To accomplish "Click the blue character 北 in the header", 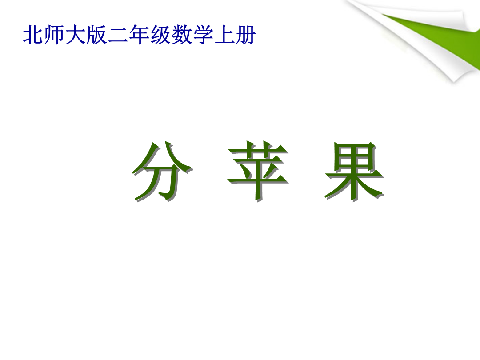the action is coord(33,35).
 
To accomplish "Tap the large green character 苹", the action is coord(258,172).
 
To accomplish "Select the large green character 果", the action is coord(355,172).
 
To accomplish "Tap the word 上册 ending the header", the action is coord(235,35).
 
